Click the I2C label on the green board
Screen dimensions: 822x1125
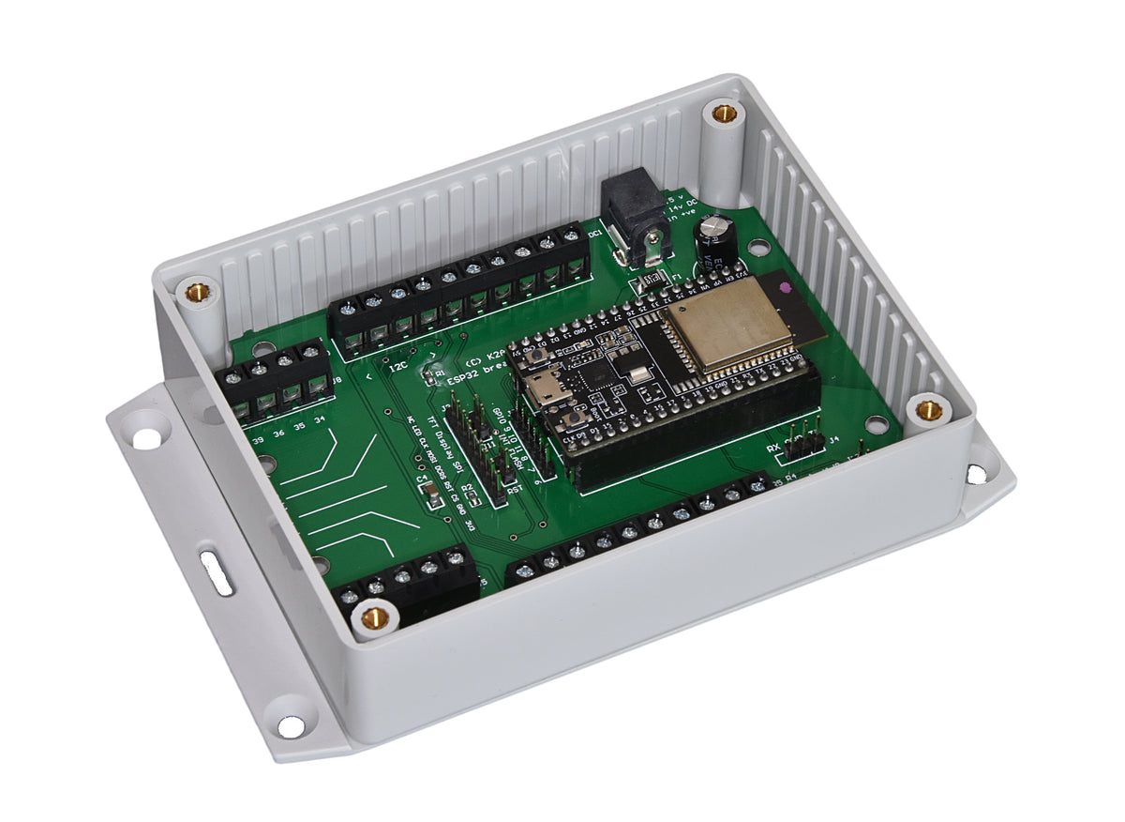click(397, 367)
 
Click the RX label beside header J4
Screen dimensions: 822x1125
click(774, 449)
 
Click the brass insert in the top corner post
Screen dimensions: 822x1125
click(723, 114)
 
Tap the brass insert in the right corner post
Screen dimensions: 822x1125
click(928, 409)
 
